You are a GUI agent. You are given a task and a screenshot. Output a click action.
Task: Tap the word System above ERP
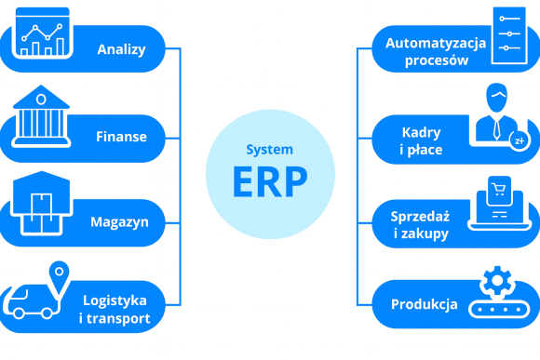tap(269, 150)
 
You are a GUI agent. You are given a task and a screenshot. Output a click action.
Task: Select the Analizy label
tap(121, 49)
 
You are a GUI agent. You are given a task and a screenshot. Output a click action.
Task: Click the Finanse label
tap(121, 137)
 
